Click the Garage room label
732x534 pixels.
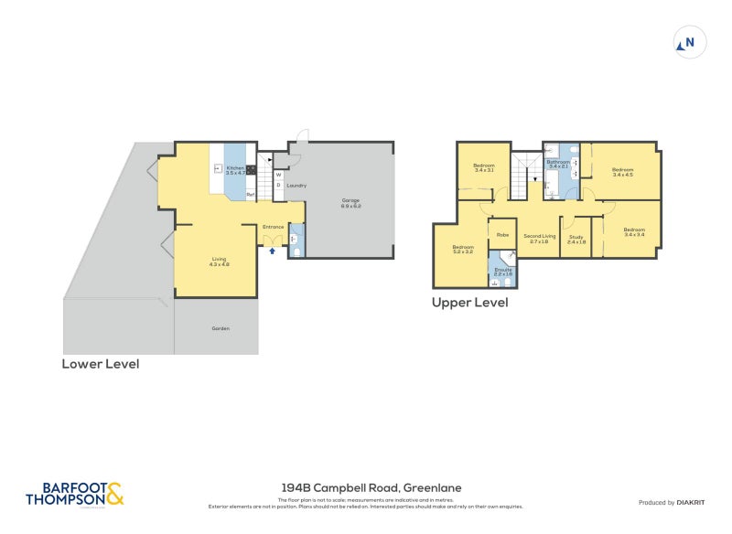(351, 203)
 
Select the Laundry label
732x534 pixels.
(296, 186)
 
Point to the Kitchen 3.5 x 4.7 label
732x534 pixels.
(235, 170)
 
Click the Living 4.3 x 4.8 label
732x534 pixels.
(219, 262)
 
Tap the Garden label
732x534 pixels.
(220, 328)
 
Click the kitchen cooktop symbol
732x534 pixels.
(250, 168)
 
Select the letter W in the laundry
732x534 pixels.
(278, 174)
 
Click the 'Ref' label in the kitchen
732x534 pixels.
(250, 193)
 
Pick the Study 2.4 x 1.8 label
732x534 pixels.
(576, 240)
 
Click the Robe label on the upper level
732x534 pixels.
(502, 235)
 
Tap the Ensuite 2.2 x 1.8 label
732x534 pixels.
(502, 272)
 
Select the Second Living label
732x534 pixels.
(540, 238)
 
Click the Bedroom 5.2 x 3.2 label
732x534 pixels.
(462, 249)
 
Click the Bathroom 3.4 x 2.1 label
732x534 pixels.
(558, 165)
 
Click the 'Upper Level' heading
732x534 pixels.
(469, 302)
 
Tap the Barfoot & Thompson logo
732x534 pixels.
(74, 495)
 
